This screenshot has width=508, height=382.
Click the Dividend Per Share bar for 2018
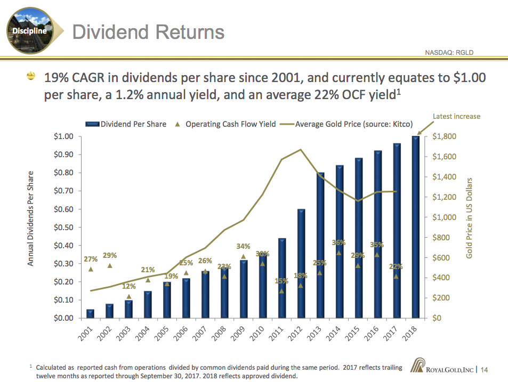coord(416,226)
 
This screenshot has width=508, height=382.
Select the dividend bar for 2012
coord(301,264)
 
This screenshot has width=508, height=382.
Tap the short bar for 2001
coord(90,313)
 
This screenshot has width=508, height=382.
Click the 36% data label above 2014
coord(338,242)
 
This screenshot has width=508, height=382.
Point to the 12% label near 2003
coord(129,287)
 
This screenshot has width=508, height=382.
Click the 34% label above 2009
coord(243,246)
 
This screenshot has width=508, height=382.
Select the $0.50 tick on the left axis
coord(63,227)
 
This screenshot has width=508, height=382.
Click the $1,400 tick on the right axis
coord(447,177)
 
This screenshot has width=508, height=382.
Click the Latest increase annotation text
coord(456,116)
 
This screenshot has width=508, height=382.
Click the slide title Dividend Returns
coord(148,32)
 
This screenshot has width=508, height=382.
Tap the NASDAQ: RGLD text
coord(449,52)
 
